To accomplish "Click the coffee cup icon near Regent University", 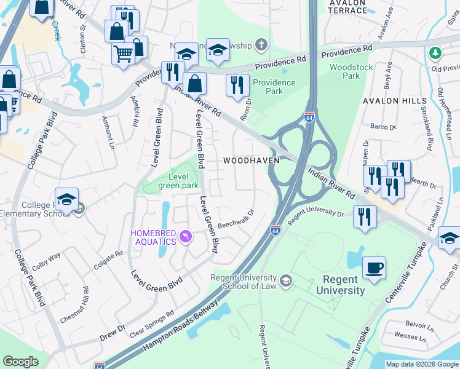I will click(x=374, y=268).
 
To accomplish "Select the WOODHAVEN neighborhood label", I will click(x=251, y=161).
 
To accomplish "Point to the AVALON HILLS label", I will click(x=394, y=100).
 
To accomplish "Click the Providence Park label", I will click(x=268, y=87).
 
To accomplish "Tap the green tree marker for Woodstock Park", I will click(x=435, y=53).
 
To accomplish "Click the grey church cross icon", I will click(x=261, y=45).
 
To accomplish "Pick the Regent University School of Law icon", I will click(x=285, y=281).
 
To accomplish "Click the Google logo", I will click(x=21, y=362).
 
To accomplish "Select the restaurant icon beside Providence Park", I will click(x=237, y=85).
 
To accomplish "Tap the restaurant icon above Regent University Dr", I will click(x=365, y=217).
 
